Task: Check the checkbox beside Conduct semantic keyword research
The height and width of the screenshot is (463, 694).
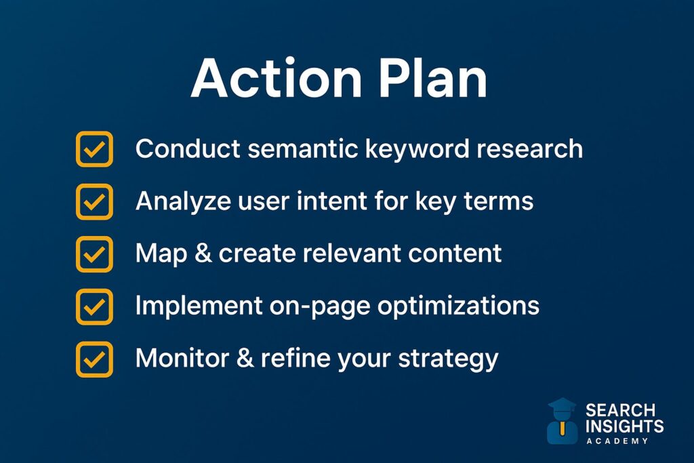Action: coord(94,149)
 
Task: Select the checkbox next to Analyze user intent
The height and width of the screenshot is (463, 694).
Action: coord(94,202)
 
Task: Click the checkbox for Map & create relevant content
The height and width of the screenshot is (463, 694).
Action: coord(94,254)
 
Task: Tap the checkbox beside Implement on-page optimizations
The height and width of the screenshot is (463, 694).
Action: coord(94,307)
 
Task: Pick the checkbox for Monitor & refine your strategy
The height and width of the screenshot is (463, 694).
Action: coord(94,359)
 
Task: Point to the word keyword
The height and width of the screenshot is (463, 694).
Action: coord(417,149)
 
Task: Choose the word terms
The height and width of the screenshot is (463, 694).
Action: coord(498,202)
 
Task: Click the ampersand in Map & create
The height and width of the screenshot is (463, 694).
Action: coord(203,253)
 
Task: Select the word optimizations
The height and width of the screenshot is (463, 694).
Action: coord(459,306)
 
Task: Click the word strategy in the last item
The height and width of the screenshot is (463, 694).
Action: coord(448,359)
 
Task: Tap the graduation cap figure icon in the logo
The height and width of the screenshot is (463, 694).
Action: coord(562,421)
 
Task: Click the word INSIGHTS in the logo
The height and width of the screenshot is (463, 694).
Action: coord(624,426)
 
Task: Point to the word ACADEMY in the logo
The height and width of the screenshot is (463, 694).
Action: coord(617,441)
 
